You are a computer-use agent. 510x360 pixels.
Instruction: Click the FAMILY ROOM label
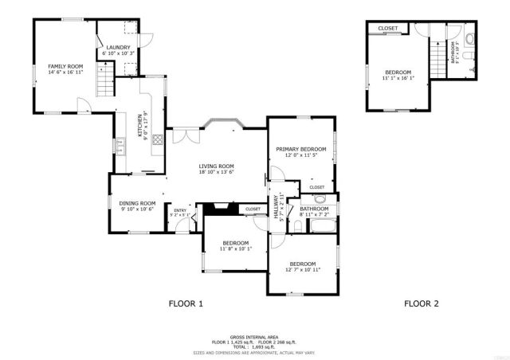click(x=65, y=66)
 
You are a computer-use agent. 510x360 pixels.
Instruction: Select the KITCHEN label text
click(x=139, y=123)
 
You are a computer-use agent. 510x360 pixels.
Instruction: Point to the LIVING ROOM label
click(x=216, y=166)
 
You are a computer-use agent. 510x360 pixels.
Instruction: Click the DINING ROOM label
click(x=138, y=203)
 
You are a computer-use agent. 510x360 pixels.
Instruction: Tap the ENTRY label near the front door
click(x=180, y=210)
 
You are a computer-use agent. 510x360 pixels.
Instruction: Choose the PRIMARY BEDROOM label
click(x=301, y=149)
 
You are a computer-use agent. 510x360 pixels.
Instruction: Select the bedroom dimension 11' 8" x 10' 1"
click(x=236, y=248)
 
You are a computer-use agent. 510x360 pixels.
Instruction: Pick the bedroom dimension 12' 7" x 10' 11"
click(x=303, y=270)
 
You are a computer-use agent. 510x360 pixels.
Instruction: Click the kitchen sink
click(x=122, y=146)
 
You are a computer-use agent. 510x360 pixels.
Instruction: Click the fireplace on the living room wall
click(x=216, y=209)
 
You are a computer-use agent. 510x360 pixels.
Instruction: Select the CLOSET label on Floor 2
click(x=388, y=29)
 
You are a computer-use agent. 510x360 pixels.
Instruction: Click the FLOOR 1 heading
click(x=186, y=303)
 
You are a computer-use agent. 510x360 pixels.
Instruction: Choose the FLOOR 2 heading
click(x=422, y=303)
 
